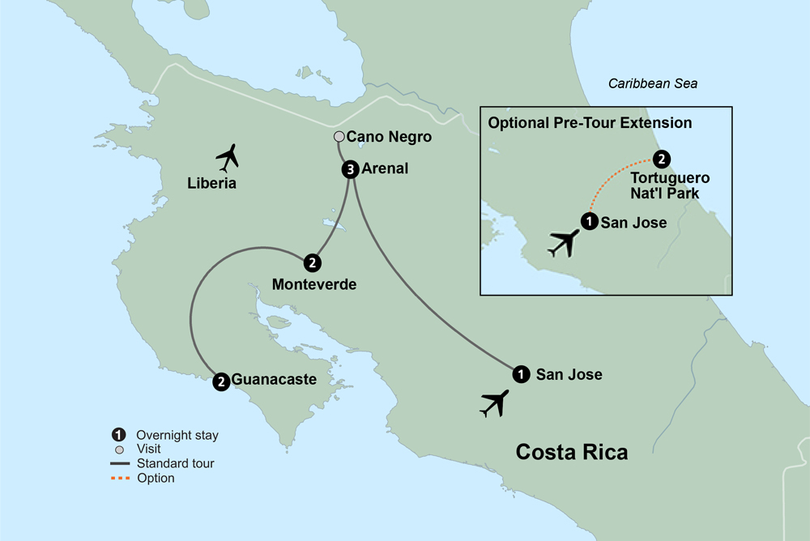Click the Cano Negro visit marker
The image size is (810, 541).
(x=339, y=138)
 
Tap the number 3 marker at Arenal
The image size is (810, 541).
(x=349, y=170)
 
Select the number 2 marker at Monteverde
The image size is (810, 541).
(x=311, y=262)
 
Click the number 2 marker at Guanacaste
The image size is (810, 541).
(x=220, y=381)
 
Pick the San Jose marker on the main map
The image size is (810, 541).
(x=521, y=374)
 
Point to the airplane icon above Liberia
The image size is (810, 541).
(x=230, y=155)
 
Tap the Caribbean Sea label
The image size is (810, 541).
(x=653, y=83)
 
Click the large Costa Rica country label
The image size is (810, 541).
(x=572, y=451)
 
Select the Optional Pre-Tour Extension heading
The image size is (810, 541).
(x=590, y=123)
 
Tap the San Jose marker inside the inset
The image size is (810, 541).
(x=589, y=220)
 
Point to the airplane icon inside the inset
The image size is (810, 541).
(x=565, y=242)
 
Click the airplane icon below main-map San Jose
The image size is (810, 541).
(x=494, y=403)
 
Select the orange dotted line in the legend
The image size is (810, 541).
(x=120, y=479)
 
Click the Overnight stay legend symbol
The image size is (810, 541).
(x=120, y=435)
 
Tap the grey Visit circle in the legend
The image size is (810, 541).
(x=120, y=449)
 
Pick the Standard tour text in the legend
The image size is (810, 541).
(x=175, y=464)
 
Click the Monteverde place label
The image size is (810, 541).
(x=314, y=285)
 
